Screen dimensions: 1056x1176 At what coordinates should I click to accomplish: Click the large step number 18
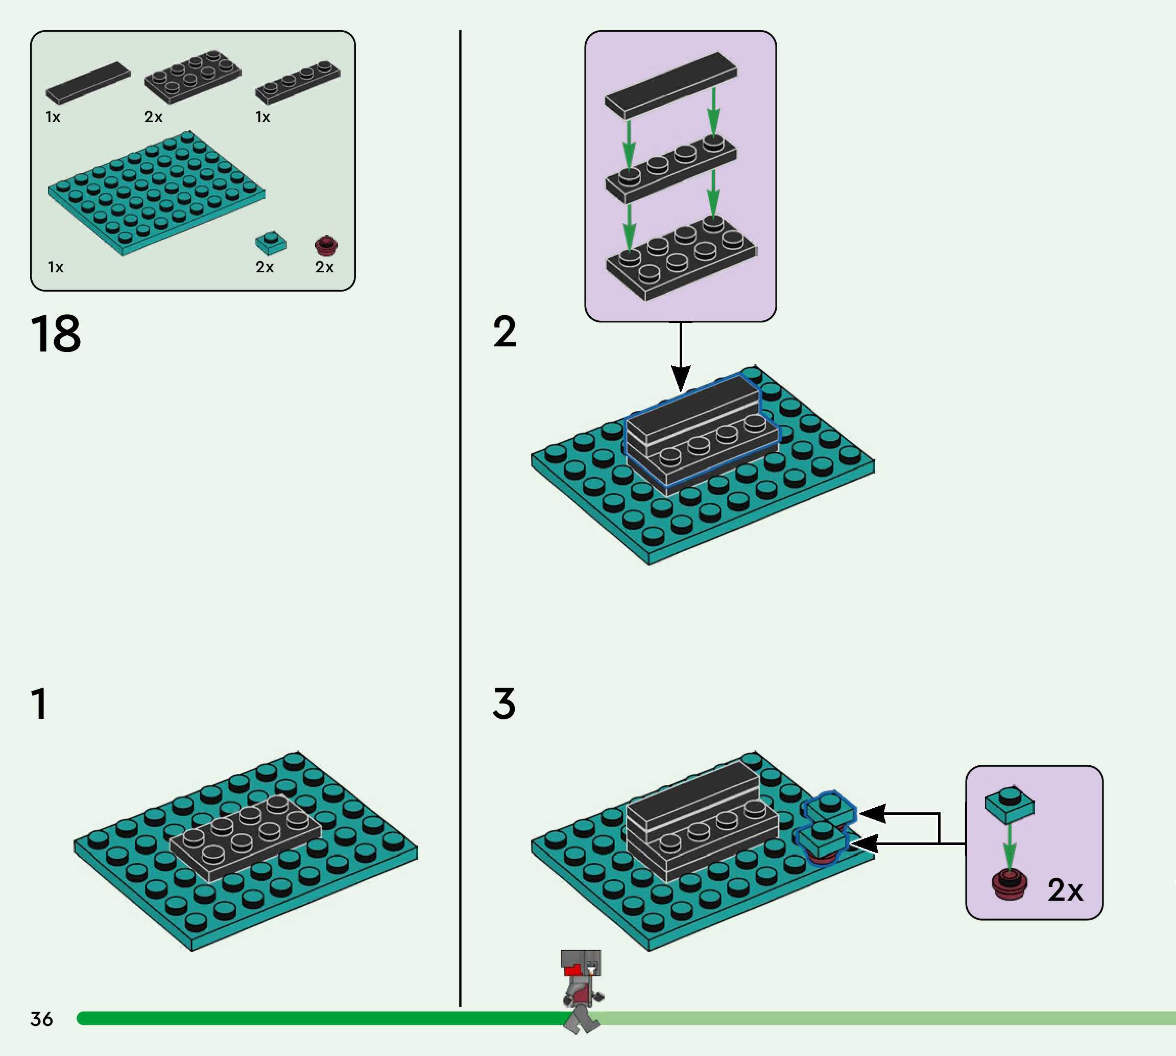click(x=56, y=334)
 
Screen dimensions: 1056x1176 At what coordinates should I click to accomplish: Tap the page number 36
click(x=42, y=1019)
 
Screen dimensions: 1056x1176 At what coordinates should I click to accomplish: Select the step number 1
click(x=39, y=704)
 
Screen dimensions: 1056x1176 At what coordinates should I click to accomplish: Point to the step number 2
click(x=505, y=332)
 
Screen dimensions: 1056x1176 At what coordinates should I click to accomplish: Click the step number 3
click(x=504, y=704)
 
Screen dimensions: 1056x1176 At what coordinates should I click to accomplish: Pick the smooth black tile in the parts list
click(x=88, y=82)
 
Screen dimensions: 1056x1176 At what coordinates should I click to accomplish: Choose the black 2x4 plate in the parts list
click(x=193, y=77)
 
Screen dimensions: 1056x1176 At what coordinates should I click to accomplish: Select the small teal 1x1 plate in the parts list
click(x=270, y=243)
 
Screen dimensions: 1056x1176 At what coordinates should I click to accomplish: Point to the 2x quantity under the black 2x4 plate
click(x=153, y=117)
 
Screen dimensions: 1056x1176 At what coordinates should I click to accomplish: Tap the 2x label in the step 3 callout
click(x=1065, y=890)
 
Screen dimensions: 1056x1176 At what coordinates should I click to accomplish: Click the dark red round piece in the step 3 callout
click(x=1009, y=884)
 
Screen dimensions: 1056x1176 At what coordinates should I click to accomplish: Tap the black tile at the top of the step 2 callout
click(x=671, y=85)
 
